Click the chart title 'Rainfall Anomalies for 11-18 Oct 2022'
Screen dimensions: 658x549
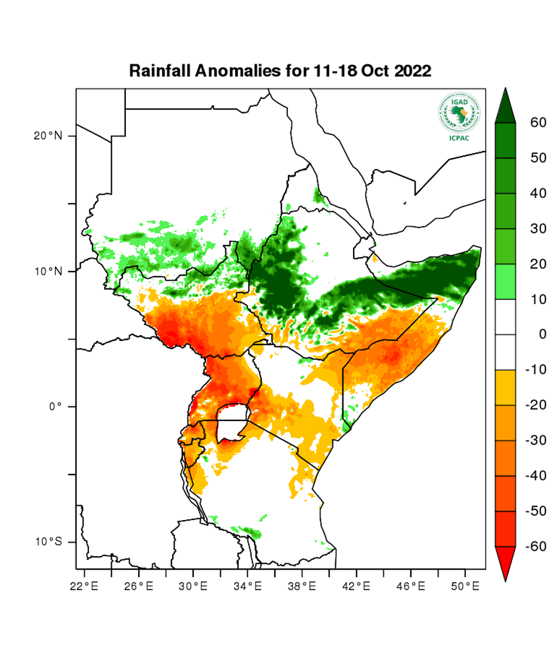pyautogui.click(x=280, y=71)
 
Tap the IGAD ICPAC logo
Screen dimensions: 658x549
pyautogui.click(x=459, y=113)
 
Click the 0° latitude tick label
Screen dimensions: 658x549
pyautogui.click(x=56, y=406)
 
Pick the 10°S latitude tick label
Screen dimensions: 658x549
pyautogui.click(x=48, y=542)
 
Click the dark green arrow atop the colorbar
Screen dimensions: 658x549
pyautogui.click(x=505, y=106)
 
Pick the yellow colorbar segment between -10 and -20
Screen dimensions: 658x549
pyautogui.click(x=505, y=387)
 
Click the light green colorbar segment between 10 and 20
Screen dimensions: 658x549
pyautogui.click(x=505, y=281)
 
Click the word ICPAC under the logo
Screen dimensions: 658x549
pyautogui.click(x=459, y=138)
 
